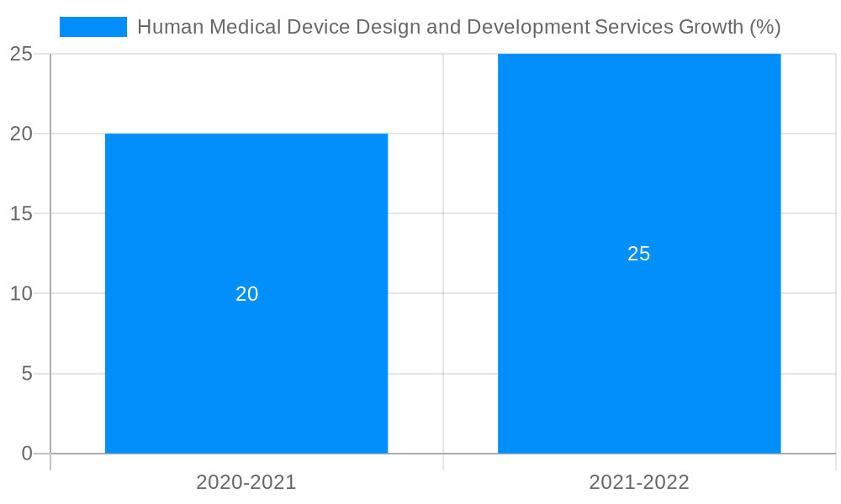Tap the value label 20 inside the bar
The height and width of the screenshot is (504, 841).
[246, 294]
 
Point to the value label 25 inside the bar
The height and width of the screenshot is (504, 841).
[639, 254]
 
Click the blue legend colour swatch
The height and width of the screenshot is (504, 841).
[93, 27]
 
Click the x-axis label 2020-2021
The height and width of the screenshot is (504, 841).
[246, 482]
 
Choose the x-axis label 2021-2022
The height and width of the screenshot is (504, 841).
[639, 482]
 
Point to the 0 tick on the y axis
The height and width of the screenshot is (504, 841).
[26, 454]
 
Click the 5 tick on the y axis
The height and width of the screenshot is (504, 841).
[26, 374]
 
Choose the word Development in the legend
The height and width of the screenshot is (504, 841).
[527, 28]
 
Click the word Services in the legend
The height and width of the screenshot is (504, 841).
[633, 28]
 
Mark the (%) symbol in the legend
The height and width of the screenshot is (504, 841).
[764, 28]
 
